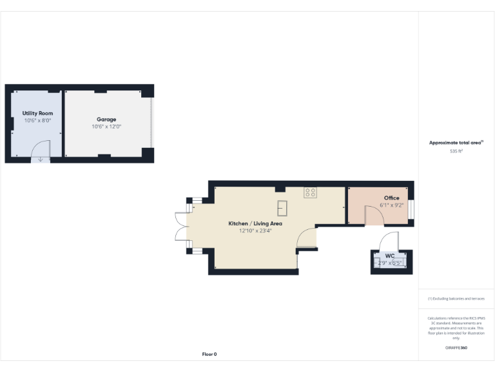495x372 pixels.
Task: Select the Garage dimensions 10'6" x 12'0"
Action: [106, 127]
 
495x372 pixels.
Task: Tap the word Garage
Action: [106, 119]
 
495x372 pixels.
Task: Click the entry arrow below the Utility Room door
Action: [40, 159]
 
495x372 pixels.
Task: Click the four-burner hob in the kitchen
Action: [310, 192]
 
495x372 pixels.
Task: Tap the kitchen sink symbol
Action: [282, 207]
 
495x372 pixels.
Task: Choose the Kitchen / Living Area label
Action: [255, 223]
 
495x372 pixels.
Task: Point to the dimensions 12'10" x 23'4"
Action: [255, 231]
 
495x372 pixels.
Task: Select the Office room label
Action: [391, 198]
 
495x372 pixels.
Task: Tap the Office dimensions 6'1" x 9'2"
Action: [391, 205]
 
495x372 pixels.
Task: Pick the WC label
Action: [390, 256]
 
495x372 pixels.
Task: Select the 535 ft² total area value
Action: [456, 150]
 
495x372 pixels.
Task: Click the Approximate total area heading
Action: [456, 143]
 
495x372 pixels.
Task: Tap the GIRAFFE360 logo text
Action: [456, 347]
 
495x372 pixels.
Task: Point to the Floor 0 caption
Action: [209, 354]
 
